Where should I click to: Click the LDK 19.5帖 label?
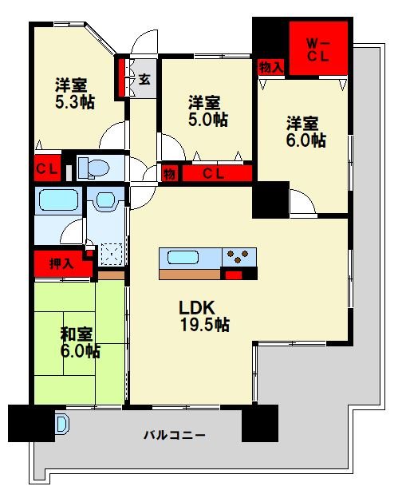[204, 316]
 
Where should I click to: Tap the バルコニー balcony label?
[175, 436]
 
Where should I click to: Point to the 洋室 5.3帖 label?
[71, 93]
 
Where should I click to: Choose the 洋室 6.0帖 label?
[304, 132]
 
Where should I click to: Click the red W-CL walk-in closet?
[318, 49]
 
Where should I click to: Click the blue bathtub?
[57, 202]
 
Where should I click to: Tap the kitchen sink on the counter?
[185, 259]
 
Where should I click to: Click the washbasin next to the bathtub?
[103, 202]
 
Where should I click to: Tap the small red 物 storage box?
[170, 173]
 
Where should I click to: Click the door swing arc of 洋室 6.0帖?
[302, 204]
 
